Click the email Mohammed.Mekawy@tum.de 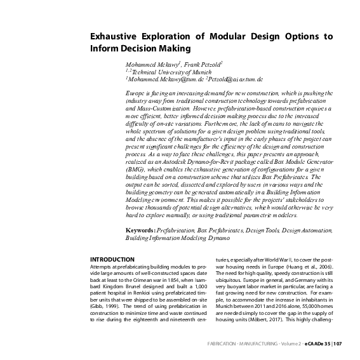point(164,81)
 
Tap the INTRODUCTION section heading point(112,260)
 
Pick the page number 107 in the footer point(337,344)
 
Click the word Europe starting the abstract point(138,93)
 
